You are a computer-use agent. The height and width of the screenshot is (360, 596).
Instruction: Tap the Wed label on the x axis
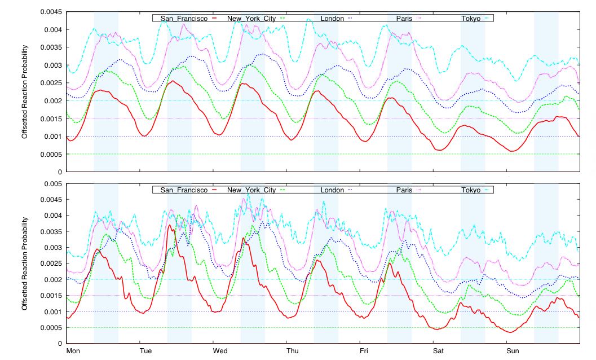[220, 352]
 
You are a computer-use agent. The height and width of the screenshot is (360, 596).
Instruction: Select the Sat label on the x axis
[439, 352]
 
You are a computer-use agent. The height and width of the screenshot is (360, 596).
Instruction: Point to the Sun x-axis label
[513, 352]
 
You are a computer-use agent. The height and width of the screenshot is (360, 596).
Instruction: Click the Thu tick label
[293, 352]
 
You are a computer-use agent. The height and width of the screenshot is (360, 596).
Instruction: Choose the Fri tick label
[365, 352]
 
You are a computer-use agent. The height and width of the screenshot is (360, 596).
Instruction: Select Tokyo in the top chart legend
[471, 19]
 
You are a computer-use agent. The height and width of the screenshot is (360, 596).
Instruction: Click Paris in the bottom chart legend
[404, 190]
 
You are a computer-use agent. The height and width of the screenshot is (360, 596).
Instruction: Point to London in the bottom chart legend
[332, 190]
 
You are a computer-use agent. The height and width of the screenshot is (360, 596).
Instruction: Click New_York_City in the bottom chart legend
[251, 190]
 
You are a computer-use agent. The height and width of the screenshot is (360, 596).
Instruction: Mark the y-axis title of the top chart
[25, 91]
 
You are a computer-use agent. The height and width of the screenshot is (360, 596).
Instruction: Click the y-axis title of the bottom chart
[25, 264]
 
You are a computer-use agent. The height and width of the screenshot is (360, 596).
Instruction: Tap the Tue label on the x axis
[145, 352]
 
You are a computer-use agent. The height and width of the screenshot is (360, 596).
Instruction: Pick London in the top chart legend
[332, 19]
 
